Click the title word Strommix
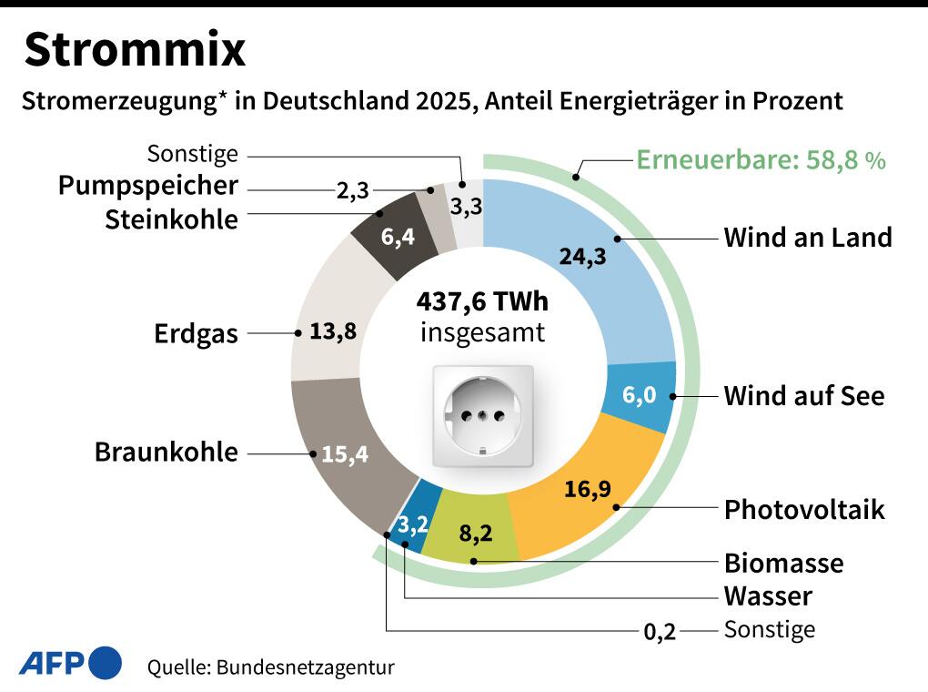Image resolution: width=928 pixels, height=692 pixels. click(x=135, y=50)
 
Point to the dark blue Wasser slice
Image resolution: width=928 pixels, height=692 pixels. click(x=414, y=524)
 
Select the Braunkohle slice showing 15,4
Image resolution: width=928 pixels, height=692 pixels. click(x=346, y=453)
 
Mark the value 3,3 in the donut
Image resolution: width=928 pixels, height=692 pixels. click(x=466, y=206)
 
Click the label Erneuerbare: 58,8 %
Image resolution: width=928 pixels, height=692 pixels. click(x=760, y=160)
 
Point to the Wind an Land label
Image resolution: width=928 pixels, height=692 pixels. click(x=807, y=238)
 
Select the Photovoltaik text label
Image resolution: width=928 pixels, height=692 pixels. click(x=803, y=509)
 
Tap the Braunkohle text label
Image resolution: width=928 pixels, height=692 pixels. click(x=166, y=452)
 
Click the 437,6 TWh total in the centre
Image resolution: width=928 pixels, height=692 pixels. click(x=482, y=300)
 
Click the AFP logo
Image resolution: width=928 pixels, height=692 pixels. click(x=70, y=662)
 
